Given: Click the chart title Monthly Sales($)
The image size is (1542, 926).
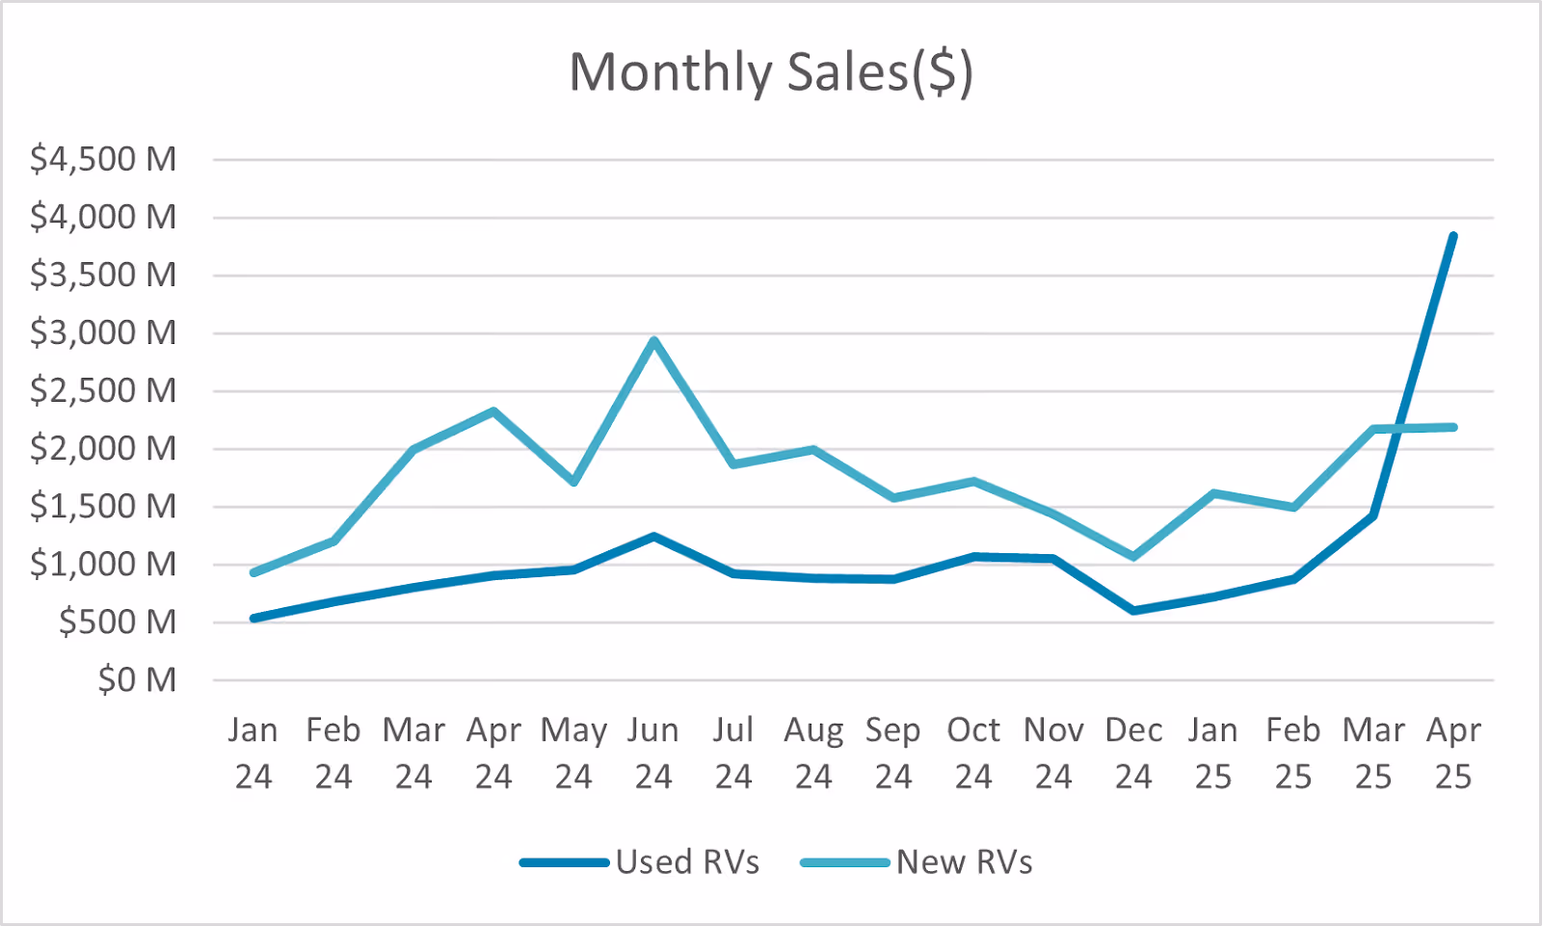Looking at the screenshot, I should (x=771, y=72).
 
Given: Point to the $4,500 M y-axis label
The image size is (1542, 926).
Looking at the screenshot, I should (x=103, y=159).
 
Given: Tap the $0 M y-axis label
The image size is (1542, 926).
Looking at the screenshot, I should (x=137, y=680).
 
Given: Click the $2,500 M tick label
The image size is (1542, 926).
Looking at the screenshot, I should (x=103, y=390).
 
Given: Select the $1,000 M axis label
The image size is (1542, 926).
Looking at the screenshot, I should (x=103, y=564).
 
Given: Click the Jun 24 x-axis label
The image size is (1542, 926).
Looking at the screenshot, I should (x=653, y=753).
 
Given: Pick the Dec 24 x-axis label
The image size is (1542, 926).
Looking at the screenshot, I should (x=1133, y=753).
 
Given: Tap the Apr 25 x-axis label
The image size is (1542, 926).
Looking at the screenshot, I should (x=1452, y=753).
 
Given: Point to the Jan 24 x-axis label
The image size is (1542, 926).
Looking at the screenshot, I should (x=253, y=753).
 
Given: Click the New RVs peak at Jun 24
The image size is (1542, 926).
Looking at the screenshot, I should (x=653, y=340).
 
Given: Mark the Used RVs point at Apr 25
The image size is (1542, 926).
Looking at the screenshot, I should (x=1452, y=236).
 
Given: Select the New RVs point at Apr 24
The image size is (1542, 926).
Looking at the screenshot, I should (x=493, y=411).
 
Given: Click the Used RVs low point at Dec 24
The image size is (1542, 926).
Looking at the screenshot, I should (x=1133, y=611).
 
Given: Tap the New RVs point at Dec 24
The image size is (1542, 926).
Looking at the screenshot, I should (x=1133, y=556).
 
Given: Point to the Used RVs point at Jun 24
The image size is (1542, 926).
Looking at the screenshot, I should (x=653, y=536).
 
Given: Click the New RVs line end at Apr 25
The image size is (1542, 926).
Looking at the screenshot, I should (x=1452, y=427).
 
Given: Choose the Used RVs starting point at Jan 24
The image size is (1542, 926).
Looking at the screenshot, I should (x=253, y=618).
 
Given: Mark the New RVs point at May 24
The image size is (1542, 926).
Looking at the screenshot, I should (x=573, y=482).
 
